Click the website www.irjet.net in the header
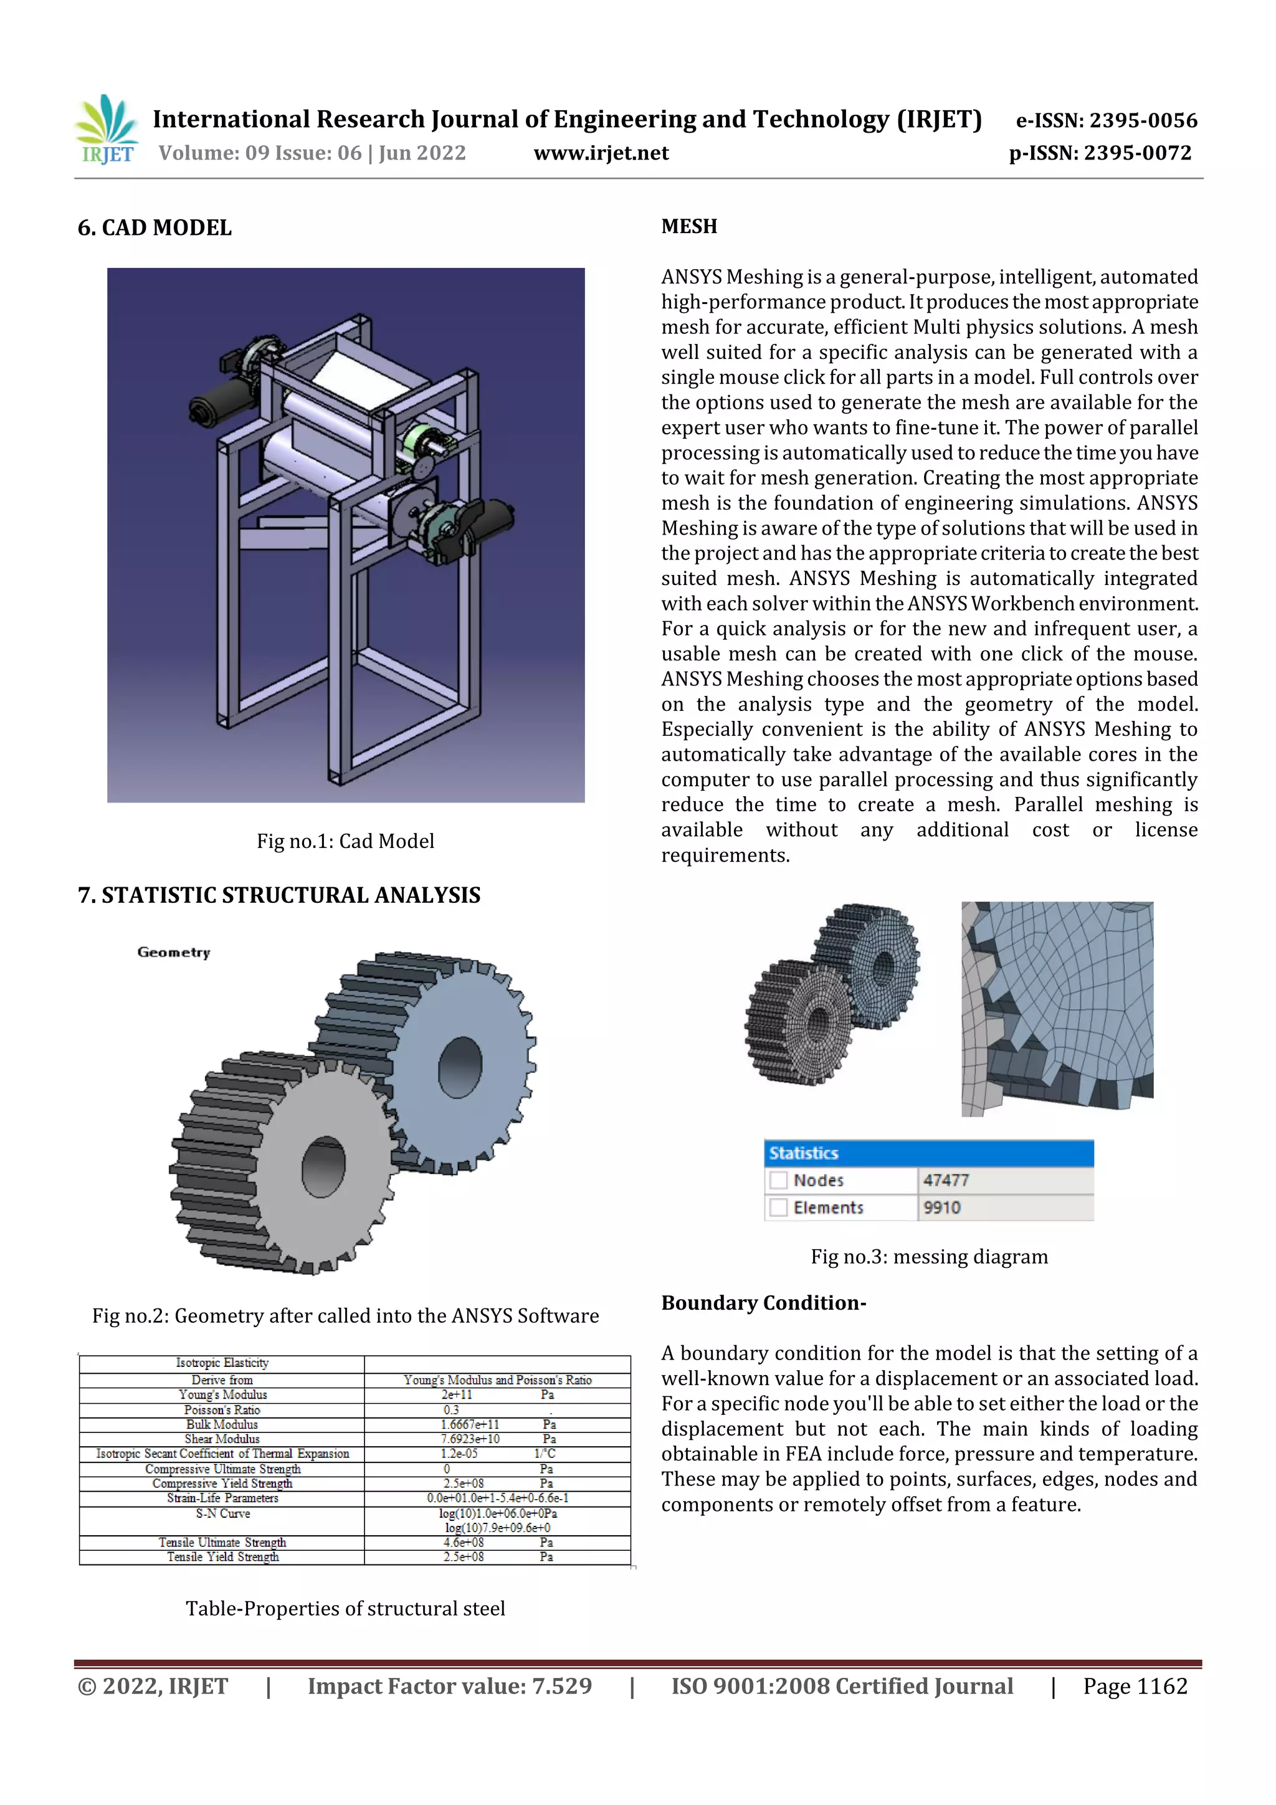click(601, 153)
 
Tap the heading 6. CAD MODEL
click(155, 228)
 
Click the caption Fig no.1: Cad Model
click(345, 841)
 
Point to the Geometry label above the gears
click(174, 952)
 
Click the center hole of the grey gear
click(323, 1166)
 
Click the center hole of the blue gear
click(460, 1067)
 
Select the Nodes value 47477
click(946, 1180)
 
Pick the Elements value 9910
click(942, 1207)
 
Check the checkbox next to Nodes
click(778, 1180)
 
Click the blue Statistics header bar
click(928, 1153)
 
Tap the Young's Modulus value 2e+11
click(457, 1394)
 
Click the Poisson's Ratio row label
click(222, 1409)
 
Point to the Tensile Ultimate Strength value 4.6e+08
click(463, 1543)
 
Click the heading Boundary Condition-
click(763, 1303)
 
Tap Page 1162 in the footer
click(1135, 1686)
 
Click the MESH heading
click(688, 226)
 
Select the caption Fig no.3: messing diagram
click(930, 1256)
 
